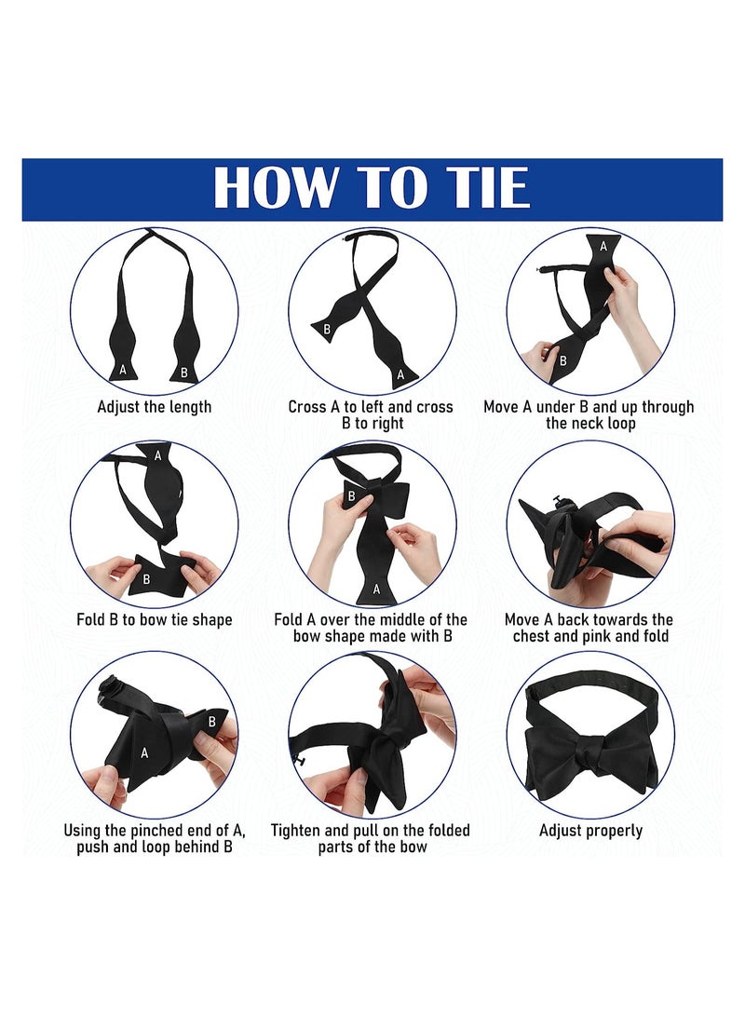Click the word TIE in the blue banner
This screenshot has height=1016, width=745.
(480, 188)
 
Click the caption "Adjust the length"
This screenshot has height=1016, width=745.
(155, 407)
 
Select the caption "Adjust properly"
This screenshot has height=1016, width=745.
(590, 831)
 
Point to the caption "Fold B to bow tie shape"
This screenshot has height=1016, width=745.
(155, 619)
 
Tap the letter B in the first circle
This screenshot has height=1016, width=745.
(183, 373)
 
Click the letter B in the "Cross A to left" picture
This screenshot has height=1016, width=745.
(327, 329)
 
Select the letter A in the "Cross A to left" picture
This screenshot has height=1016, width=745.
(401, 374)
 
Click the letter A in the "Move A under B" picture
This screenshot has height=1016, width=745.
(603, 246)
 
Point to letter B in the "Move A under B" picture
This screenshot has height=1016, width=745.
(562, 359)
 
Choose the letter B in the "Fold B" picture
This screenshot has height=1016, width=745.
(145, 578)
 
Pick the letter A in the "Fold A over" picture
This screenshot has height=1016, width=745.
(376, 588)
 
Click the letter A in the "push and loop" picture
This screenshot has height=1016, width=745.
(144, 753)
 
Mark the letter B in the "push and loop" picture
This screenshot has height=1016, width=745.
(211, 720)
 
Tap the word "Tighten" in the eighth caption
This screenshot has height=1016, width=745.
(300, 831)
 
